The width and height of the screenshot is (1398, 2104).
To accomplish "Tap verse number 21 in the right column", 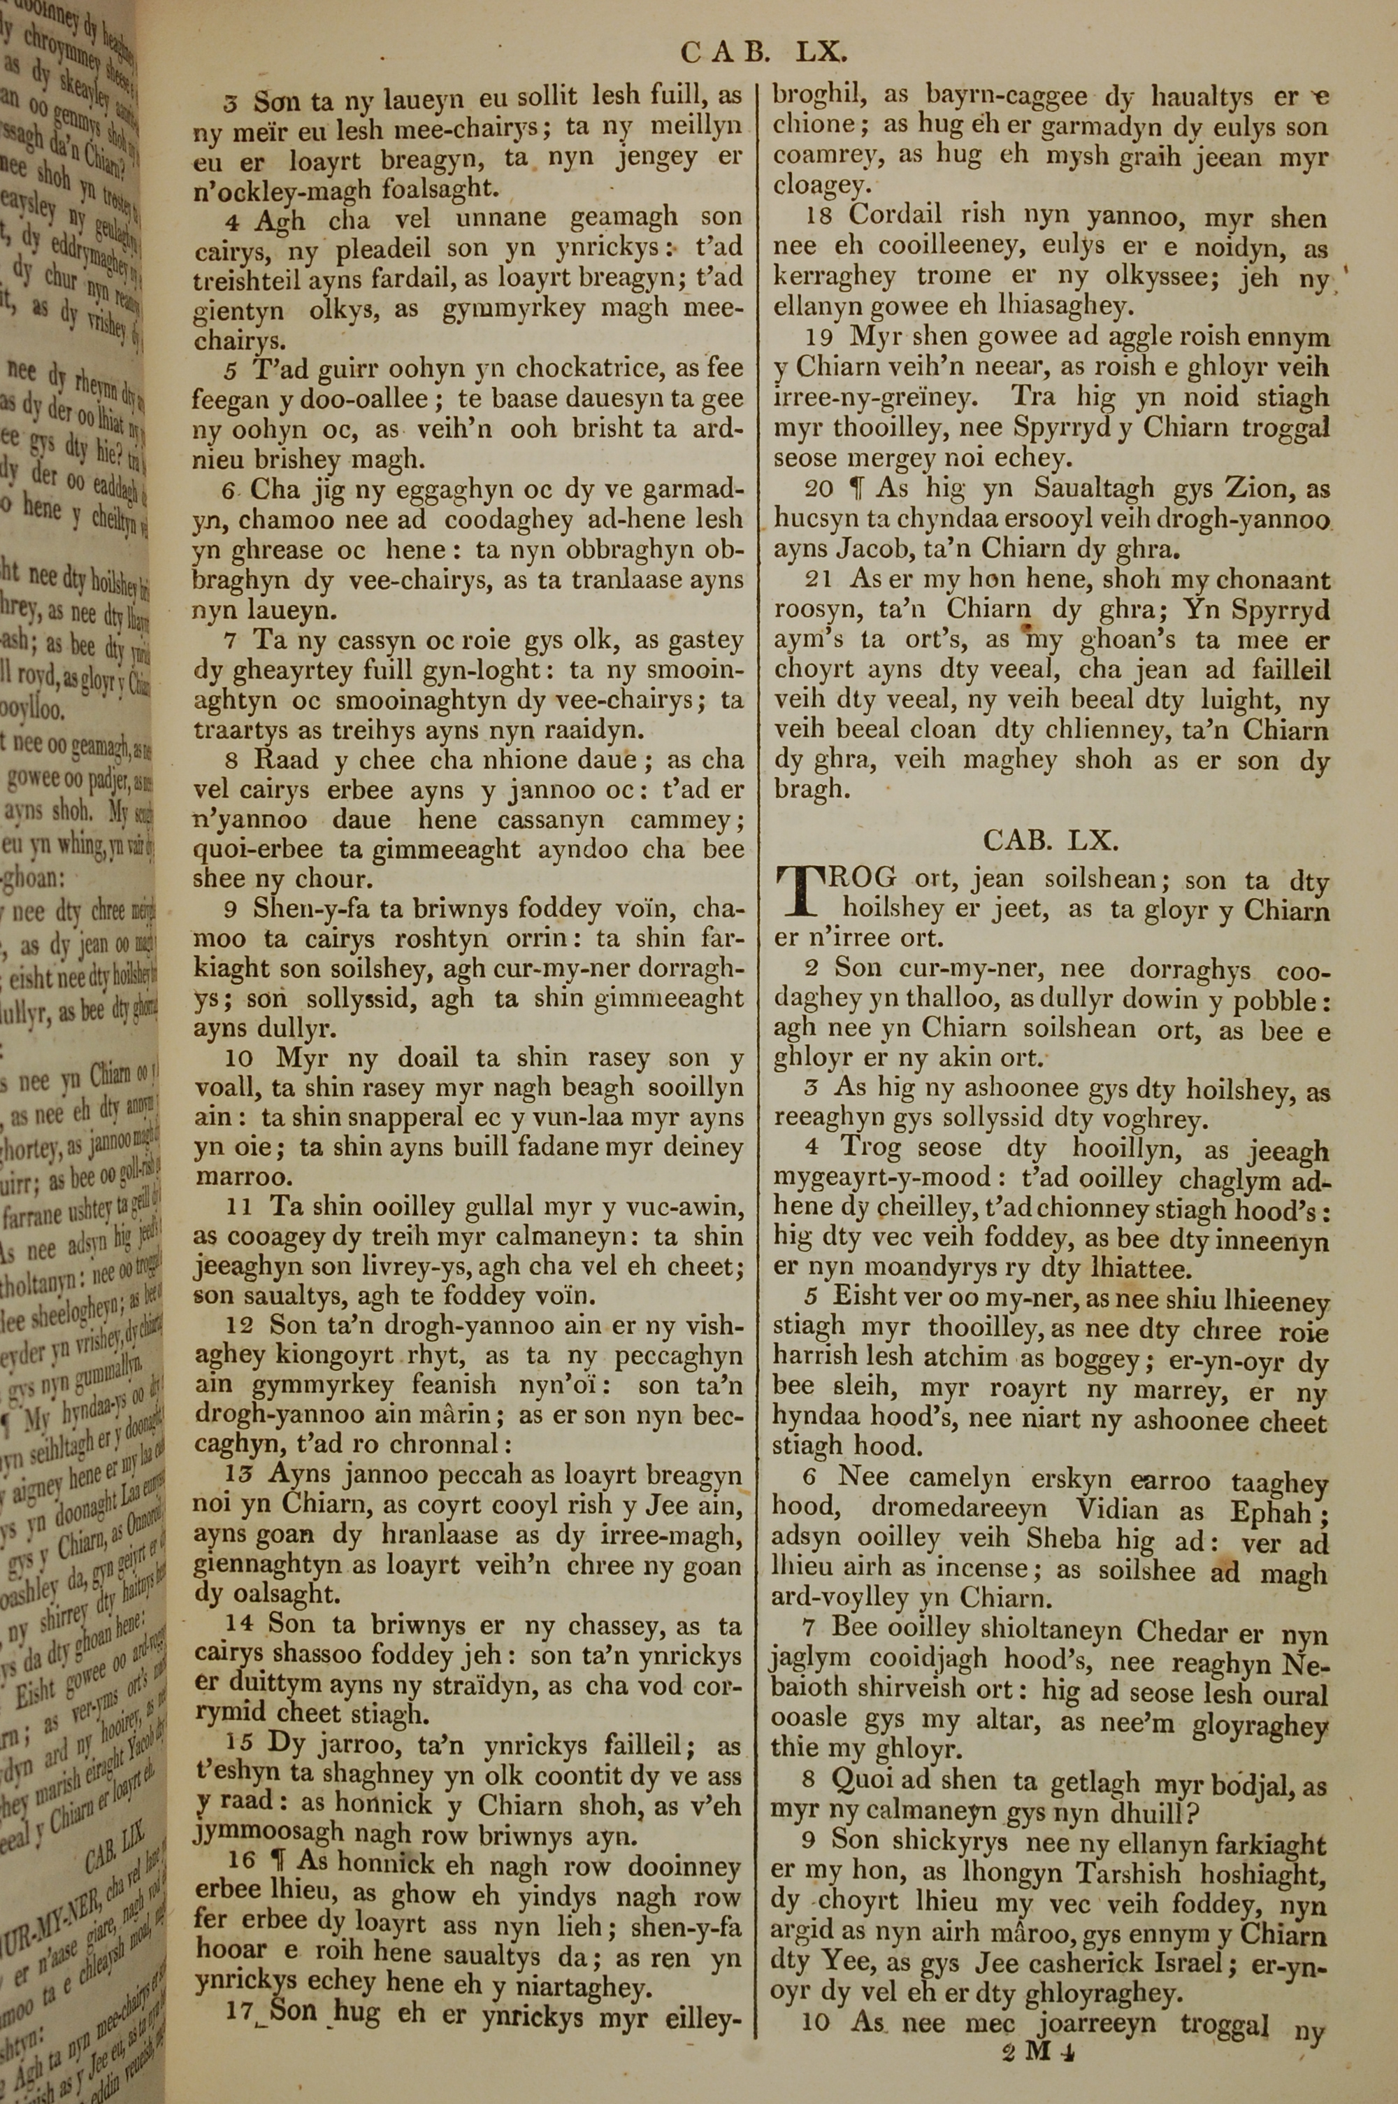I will [818, 580].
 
